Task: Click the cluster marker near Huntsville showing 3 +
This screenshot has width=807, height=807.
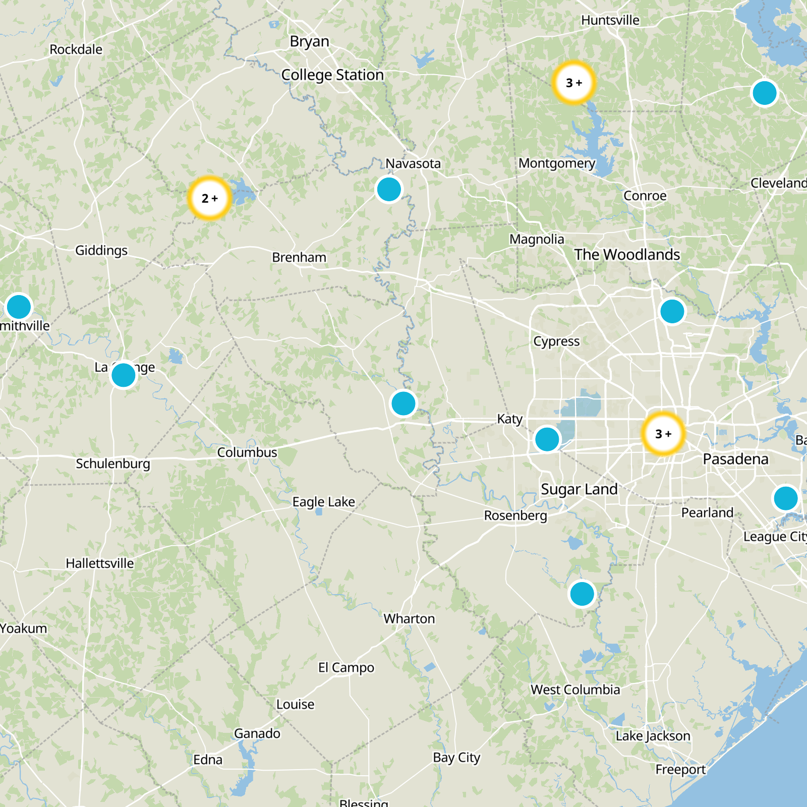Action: [x=573, y=83]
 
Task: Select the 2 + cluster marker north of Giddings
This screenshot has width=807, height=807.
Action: [x=209, y=198]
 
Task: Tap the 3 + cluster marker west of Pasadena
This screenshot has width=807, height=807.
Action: [x=663, y=434]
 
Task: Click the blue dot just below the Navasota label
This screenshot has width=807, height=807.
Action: [x=389, y=190]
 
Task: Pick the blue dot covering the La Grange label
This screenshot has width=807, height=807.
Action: [x=123, y=375]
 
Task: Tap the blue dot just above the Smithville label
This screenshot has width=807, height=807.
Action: [x=19, y=307]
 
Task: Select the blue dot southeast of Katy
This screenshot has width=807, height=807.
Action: [x=547, y=439]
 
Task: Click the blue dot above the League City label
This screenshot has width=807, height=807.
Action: [x=785, y=498]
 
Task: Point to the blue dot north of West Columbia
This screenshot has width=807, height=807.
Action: [x=582, y=594]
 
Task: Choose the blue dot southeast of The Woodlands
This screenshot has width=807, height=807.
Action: [x=672, y=311]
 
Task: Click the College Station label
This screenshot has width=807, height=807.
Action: [x=332, y=75]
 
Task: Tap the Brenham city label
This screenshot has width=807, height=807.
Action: [x=299, y=258]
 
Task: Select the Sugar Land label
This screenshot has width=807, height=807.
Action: [x=579, y=489]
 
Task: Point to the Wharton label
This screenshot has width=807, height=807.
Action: [x=409, y=619]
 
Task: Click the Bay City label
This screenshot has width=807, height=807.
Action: [x=456, y=758]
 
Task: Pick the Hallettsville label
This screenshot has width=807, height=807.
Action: [x=100, y=563]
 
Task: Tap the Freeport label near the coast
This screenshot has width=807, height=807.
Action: [x=680, y=770]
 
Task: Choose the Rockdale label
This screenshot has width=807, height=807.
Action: [x=76, y=49]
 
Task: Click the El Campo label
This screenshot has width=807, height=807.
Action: [x=346, y=668]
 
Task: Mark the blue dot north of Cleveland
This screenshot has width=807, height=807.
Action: [x=764, y=93]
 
